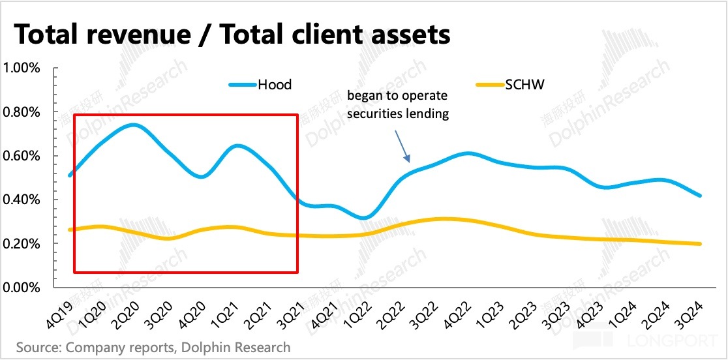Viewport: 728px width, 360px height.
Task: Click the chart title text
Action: [232, 34]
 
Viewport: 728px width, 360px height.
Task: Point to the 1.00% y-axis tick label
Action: [23, 68]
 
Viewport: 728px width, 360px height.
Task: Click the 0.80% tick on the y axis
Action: [23, 112]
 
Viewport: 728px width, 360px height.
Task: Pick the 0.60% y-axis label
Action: [23, 156]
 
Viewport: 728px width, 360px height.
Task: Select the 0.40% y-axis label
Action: [23, 200]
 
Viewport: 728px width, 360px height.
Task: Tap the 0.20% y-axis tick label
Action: [23, 244]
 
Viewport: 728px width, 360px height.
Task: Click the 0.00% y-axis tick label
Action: [23, 288]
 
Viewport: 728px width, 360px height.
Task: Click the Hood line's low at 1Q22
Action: [367, 217]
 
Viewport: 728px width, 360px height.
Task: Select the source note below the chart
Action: [153, 347]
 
